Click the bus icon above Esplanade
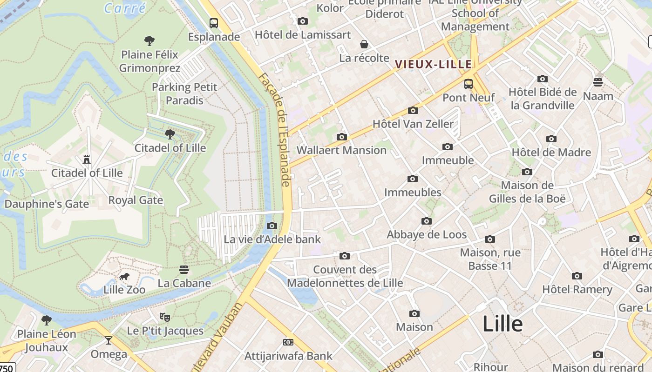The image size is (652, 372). (214, 23)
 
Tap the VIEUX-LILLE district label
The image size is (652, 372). (434, 64)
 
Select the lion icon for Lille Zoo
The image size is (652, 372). (124, 277)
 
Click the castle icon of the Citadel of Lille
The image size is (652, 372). (87, 159)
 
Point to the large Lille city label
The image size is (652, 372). (502, 324)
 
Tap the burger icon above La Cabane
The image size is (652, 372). (184, 270)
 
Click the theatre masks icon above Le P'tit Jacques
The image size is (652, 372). (165, 317)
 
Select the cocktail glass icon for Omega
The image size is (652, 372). (109, 340)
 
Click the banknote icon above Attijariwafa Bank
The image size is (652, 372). (288, 342)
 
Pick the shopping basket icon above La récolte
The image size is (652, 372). (364, 44)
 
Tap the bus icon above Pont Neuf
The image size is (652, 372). (469, 84)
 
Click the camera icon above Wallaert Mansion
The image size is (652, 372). (342, 137)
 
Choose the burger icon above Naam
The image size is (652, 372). (598, 82)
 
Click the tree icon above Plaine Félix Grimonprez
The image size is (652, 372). (149, 41)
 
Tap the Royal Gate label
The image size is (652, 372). (136, 200)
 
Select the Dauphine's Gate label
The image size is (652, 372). (47, 204)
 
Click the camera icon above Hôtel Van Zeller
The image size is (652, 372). (413, 110)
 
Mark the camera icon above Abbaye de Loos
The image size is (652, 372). (427, 221)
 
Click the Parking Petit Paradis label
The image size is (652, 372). (184, 94)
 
